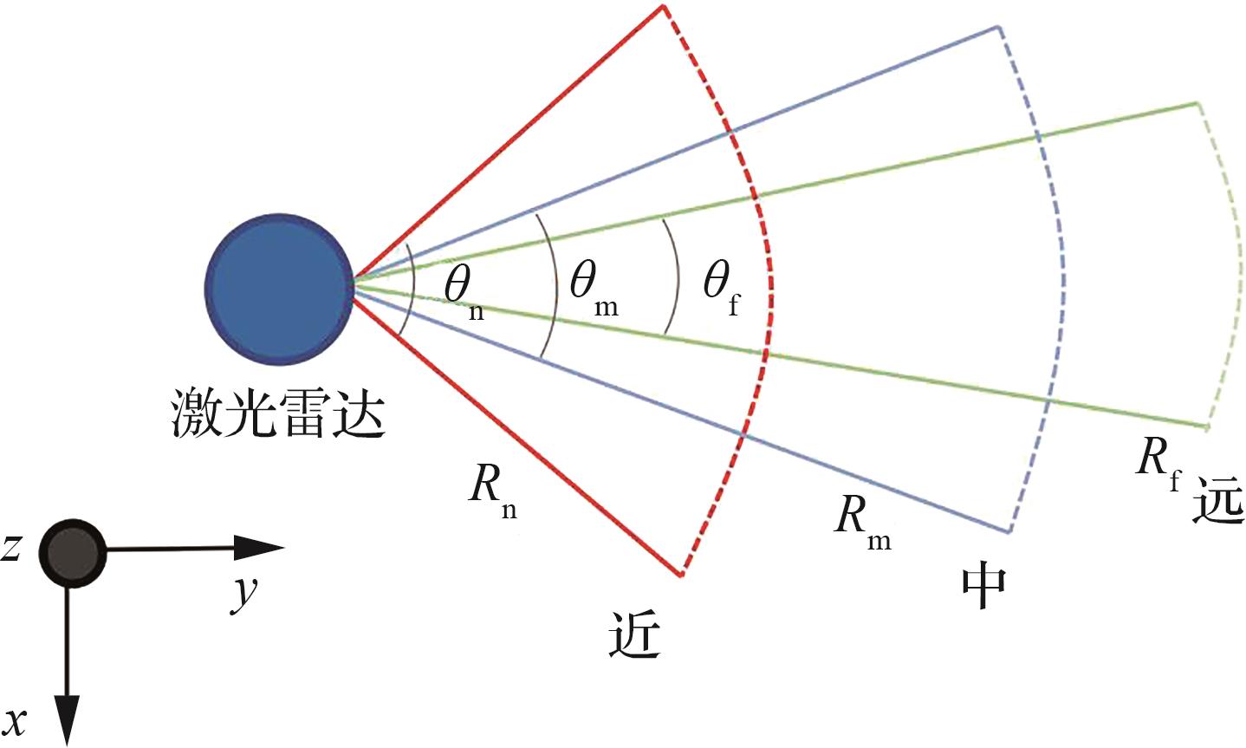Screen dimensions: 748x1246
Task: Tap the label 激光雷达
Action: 276,414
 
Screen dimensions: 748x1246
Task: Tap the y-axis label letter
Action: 243,595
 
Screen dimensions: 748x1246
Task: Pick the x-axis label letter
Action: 16,719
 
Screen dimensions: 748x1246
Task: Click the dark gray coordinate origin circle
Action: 72,552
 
